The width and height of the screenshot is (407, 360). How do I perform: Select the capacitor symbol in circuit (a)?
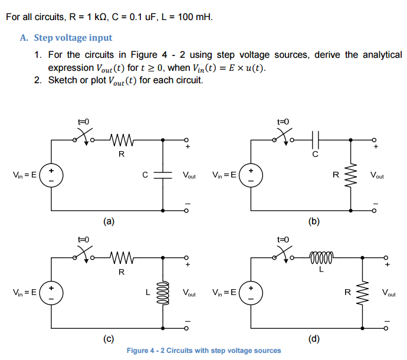tap(163, 175)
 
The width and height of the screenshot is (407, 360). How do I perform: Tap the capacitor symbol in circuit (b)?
tap(315, 140)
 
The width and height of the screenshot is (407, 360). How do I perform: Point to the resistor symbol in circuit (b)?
tap(352, 175)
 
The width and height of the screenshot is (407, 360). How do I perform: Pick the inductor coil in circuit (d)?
tap(321, 258)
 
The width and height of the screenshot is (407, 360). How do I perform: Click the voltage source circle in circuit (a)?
tap(51, 175)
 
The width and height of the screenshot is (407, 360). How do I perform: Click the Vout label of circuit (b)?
tap(377, 175)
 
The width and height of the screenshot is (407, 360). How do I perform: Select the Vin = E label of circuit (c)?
tap(25, 292)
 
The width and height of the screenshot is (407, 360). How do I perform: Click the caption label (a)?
tap(108, 221)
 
